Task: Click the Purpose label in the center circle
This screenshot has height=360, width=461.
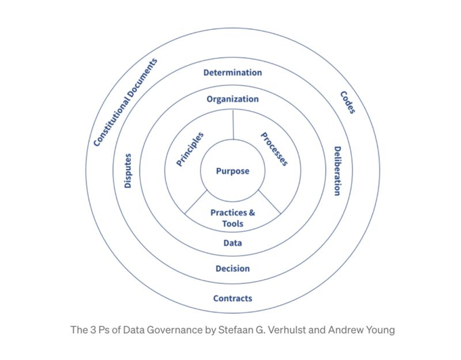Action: (233, 172)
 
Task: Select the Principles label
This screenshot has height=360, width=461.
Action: (190, 150)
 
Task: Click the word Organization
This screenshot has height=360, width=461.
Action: (233, 99)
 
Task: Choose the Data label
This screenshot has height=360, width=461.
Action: (233, 243)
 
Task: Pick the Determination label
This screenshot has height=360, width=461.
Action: (233, 73)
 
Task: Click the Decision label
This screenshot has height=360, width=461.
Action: (233, 268)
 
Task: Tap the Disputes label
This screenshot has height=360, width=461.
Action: (128, 171)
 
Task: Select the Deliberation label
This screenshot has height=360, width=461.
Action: (337, 171)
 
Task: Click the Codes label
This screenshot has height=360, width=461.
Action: (347, 102)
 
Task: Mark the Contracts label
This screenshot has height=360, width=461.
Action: (233, 298)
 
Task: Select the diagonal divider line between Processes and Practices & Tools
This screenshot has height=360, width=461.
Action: (269, 203)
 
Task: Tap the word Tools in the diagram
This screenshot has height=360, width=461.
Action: (233, 224)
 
